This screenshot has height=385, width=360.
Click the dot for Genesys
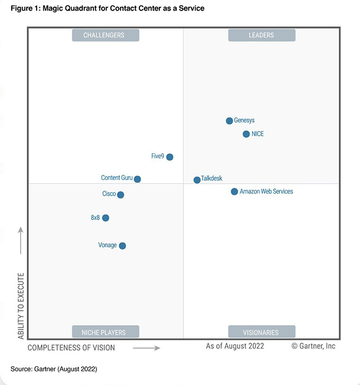(x=229, y=121)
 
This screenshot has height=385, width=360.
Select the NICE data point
(x=246, y=134)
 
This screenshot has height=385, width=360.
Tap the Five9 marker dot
(x=169, y=157)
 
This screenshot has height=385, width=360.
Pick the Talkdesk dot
(x=197, y=180)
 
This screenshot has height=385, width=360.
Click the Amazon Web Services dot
(x=234, y=192)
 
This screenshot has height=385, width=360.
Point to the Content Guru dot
(x=137, y=179)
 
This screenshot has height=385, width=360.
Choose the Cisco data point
(x=121, y=194)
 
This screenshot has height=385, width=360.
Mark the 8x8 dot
(x=106, y=218)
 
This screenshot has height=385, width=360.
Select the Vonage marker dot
(x=122, y=246)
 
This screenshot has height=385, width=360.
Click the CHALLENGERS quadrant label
(x=106, y=36)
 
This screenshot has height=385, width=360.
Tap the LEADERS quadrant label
(x=262, y=36)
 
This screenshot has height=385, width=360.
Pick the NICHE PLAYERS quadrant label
(x=106, y=332)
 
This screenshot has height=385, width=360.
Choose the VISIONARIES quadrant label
(x=262, y=332)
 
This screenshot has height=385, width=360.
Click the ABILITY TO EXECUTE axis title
(x=21, y=306)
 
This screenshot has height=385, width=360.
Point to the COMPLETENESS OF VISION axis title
(x=71, y=348)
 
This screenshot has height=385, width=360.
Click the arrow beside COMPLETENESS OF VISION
(x=147, y=348)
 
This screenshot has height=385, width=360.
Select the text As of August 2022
(x=235, y=346)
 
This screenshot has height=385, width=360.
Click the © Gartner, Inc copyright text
(x=313, y=346)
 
